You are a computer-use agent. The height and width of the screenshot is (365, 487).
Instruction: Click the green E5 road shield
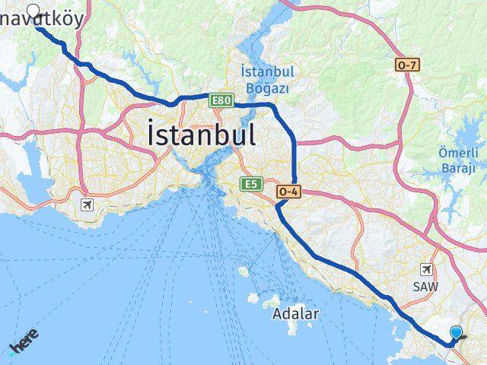click(250, 183)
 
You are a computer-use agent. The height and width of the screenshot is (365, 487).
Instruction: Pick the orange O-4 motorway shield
click(289, 192)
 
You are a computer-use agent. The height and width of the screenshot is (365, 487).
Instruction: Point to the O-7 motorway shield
click(406, 65)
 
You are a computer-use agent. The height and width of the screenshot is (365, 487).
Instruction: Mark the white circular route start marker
click(33, 11)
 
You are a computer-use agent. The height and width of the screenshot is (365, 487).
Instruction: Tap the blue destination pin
click(456, 332)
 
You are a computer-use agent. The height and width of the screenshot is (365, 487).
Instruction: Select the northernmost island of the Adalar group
click(244, 271)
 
